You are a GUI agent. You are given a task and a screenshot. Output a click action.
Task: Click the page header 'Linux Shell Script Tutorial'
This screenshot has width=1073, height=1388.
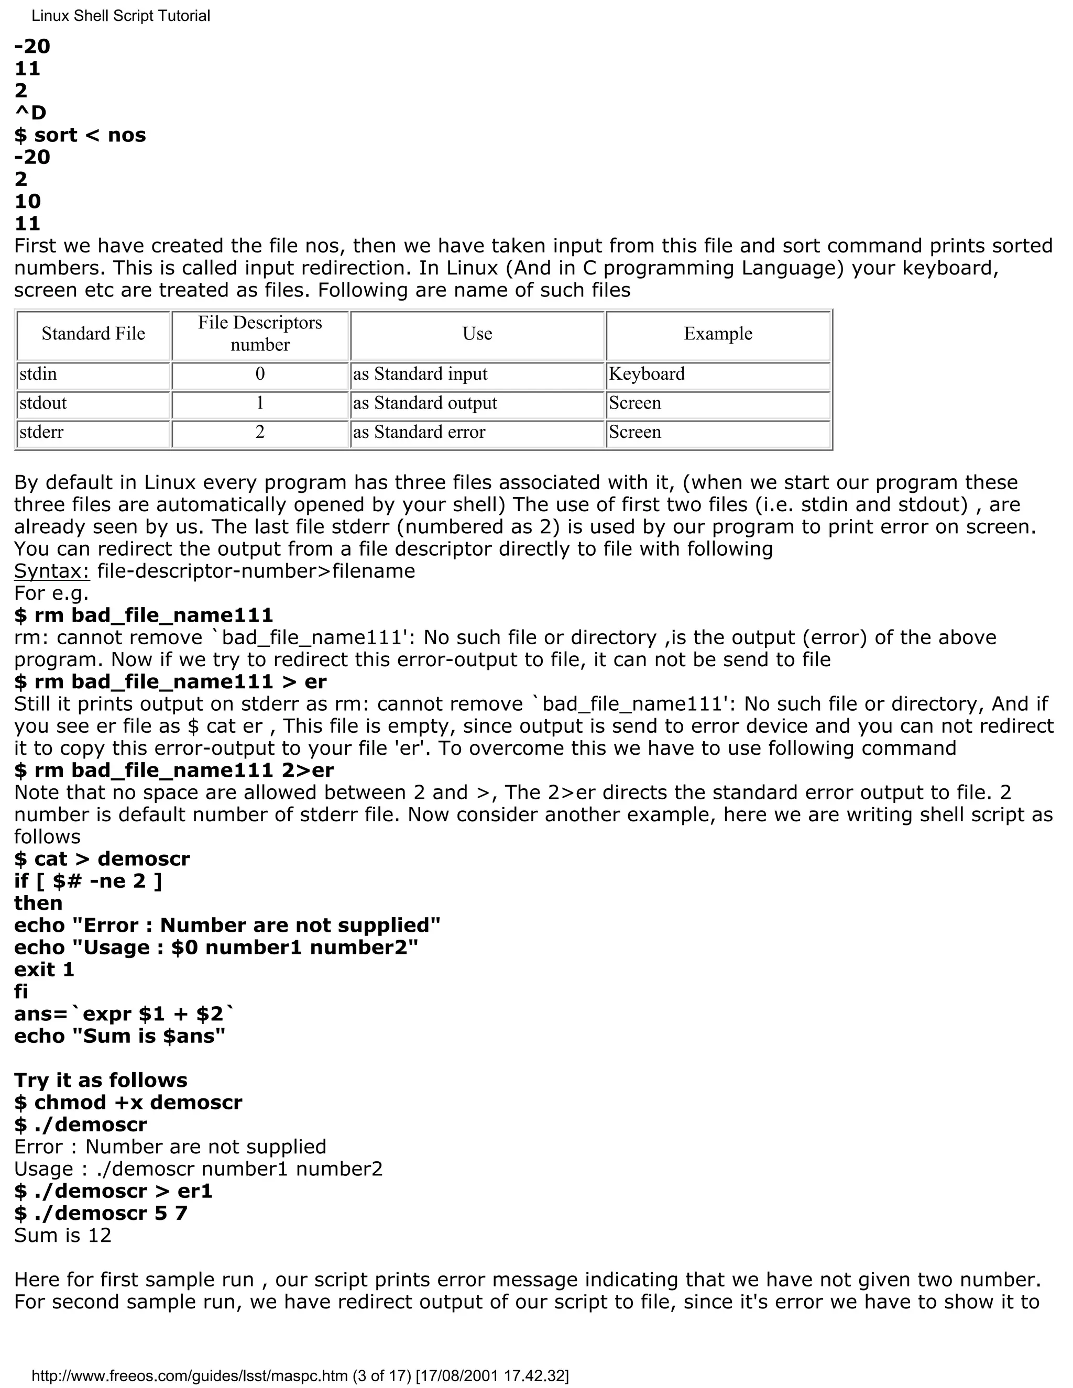[121, 16]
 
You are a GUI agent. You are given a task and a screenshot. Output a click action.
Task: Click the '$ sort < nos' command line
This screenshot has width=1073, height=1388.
[80, 135]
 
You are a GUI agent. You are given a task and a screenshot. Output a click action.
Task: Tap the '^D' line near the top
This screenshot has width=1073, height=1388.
[30, 113]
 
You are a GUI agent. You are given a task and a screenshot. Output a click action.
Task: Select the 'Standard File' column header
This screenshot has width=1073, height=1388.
[93, 334]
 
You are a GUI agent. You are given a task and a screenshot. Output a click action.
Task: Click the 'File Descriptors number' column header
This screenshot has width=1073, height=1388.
[260, 334]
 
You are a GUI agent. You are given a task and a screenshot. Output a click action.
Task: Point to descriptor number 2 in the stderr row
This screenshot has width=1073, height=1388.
[260, 432]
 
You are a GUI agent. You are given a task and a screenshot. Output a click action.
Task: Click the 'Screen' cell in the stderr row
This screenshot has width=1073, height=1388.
[634, 432]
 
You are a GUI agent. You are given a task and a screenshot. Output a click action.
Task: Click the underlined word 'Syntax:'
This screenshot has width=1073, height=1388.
[52, 571]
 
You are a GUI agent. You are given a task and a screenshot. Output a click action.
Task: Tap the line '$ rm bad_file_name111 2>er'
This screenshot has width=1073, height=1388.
[173, 770]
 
